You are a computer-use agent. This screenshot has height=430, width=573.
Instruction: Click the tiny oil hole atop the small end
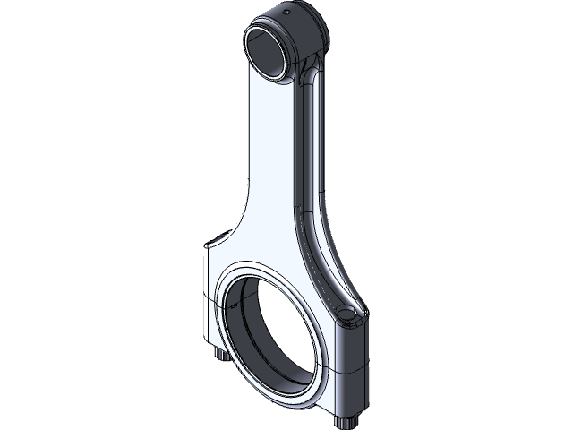pos(286,13)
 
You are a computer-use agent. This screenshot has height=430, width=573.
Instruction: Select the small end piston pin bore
pos(268,54)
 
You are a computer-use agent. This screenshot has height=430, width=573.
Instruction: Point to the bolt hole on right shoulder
pos(348,313)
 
